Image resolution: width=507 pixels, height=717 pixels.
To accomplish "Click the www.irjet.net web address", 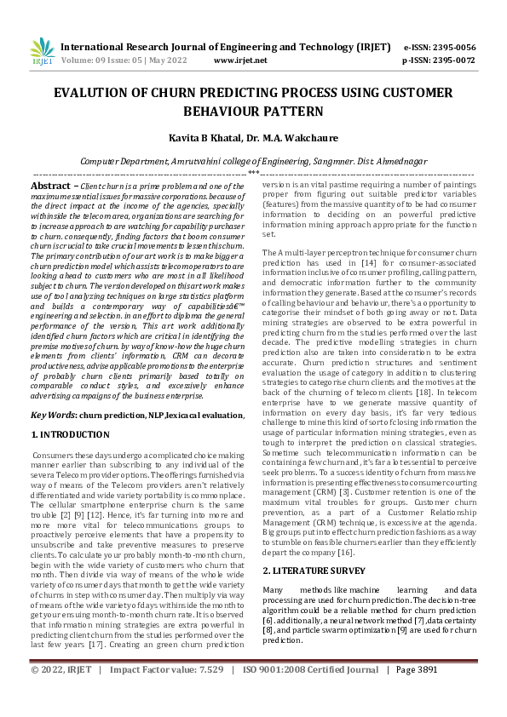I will (x=240, y=60).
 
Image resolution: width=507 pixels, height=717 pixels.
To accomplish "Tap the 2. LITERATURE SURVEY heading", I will (x=314, y=571).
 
